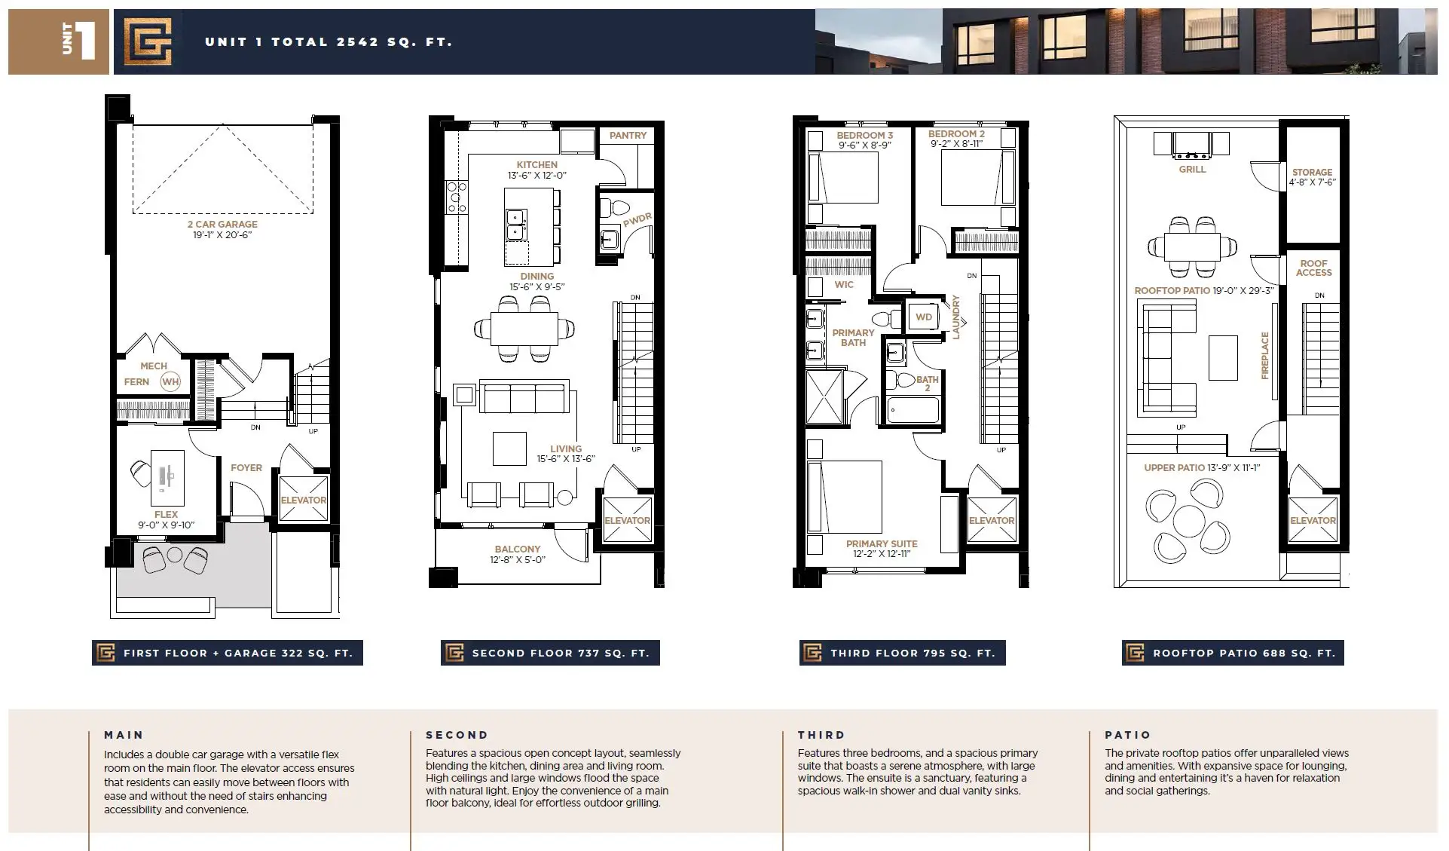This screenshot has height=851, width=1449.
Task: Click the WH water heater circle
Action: click(x=171, y=381)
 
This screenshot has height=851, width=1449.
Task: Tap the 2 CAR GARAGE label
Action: click(x=222, y=224)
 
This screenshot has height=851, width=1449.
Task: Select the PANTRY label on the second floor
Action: click(x=628, y=136)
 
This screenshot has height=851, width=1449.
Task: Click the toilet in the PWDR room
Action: click(x=613, y=207)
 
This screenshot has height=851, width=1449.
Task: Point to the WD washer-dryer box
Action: click(x=924, y=317)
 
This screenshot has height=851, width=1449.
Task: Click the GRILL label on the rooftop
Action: click(x=1192, y=170)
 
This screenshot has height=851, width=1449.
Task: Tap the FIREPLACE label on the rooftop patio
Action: click(x=1264, y=355)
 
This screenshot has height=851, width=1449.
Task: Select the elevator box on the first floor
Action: click(x=304, y=498)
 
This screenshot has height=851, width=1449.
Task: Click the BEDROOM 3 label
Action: click(x=864, y=136)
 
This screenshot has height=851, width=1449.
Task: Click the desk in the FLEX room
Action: click(x=167, y=477)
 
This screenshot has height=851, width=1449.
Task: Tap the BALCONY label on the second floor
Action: click(x=518, y=549)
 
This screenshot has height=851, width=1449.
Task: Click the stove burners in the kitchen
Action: click(x=457, y=197)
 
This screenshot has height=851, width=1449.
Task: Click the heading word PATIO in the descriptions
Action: click(x=1128, y=735)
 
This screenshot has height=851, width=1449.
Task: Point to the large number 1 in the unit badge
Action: click(x=86, y=41)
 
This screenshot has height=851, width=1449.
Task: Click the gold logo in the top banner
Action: click(x=148, y=41)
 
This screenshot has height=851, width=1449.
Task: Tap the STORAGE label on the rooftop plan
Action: click(x=1312, y=173)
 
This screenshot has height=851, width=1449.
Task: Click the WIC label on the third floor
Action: click(x=844, y=285)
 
